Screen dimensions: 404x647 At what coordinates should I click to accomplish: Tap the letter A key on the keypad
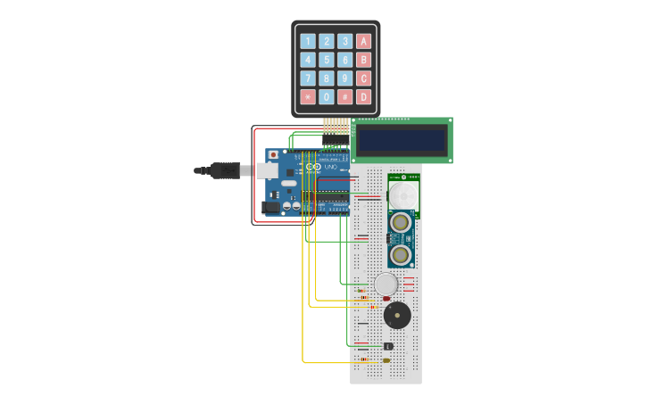[363, 41]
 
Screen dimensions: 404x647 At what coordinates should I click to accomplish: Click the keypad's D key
[363, 96]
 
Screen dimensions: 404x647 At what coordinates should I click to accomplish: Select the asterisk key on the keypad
[308, 96]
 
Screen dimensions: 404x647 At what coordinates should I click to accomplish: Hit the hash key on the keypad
[344, 96]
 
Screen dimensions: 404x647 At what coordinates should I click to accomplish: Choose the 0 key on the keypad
[327, 96]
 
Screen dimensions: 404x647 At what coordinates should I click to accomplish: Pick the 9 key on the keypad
[344, 78]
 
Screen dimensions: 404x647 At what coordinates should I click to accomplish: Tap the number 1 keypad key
[308, 41]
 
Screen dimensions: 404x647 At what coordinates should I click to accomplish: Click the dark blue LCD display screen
[401, 140]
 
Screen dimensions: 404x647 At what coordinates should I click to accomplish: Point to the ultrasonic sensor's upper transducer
[401, 222]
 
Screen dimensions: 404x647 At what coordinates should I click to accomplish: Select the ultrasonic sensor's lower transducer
[401, 255]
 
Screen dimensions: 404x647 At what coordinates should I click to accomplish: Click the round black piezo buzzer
[397, 315]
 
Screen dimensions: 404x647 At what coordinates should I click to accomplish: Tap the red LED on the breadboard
[386, 298]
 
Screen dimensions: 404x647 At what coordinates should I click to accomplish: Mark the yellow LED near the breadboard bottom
[386, 360]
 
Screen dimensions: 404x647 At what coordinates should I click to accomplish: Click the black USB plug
[225, 170]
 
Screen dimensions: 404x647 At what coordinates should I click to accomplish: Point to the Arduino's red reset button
[272, 154]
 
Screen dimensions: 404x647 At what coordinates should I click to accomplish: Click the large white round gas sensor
[386, 284]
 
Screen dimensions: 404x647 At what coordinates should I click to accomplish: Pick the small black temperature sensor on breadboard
[388, 345]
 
